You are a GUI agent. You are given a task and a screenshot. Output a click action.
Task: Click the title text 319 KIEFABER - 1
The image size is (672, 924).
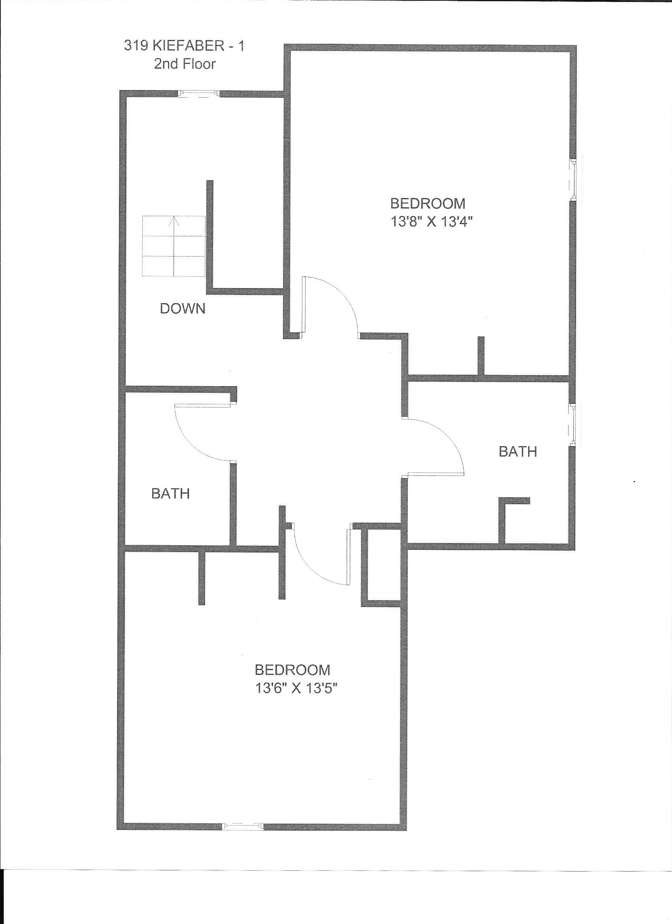[185, 45]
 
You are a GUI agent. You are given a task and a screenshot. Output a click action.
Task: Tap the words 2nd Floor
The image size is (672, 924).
[185, 64]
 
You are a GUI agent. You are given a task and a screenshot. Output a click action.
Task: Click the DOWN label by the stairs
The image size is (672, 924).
[183, 309]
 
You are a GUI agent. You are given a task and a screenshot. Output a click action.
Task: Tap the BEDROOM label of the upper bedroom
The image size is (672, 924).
[427, 203]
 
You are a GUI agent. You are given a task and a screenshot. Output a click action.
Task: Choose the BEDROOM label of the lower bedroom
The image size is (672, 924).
[292, 670]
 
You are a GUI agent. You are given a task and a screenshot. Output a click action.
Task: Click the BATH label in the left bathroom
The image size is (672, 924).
[170, 494]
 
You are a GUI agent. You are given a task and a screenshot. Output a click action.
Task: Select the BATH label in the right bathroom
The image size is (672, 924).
[518, 451]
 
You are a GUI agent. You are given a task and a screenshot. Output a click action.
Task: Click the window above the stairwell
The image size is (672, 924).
[199, 94]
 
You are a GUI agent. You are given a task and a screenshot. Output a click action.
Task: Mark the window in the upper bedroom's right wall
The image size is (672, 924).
[572, 179]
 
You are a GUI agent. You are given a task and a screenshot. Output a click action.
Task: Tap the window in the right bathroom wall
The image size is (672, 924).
[572, 424]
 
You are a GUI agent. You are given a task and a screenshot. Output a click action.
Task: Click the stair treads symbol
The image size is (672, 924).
[173, 246]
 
